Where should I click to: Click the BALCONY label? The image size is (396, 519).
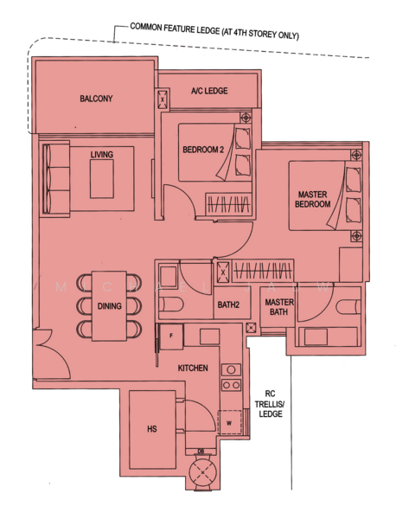[96, 99]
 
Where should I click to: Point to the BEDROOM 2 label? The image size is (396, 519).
[203, 150]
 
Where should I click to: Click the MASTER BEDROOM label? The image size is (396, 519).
[313, 199]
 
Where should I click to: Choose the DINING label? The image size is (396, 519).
[109, 305]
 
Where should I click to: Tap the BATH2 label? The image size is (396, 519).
[228, 304]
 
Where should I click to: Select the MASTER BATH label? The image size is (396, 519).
[279, 307]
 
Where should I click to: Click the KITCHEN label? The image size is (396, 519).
[193, 368]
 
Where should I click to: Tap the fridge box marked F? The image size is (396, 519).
[171, 334]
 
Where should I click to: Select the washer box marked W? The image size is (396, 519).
[229, 423]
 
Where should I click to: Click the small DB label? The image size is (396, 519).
[201, 451]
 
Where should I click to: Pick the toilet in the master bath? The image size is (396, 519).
[346, 305]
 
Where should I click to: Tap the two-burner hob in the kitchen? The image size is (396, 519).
[231, 376]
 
